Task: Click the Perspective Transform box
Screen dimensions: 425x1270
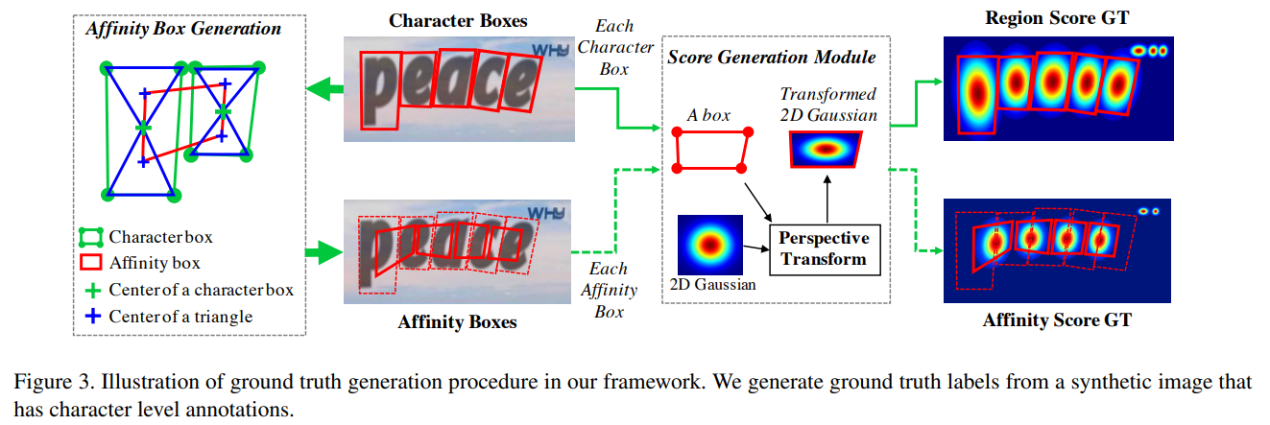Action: [x=824, y=248]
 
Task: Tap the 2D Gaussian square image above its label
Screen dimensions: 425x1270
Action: [x=710, y=247]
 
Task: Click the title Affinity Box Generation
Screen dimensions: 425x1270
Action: [x=183, y=28]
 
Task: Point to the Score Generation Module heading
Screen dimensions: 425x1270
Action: [x=772, y=58]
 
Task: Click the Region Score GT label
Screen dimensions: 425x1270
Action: [x=1056, y=19]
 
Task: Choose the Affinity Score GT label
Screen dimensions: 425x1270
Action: [x=1057, y=320]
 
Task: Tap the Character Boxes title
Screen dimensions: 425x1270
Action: [x=458, y=20]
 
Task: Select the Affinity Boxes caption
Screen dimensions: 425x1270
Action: [x=457, y=322]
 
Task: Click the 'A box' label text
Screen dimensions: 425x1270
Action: [x=708, y=116]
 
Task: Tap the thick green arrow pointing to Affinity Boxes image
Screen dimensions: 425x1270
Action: [x=324, y=253]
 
